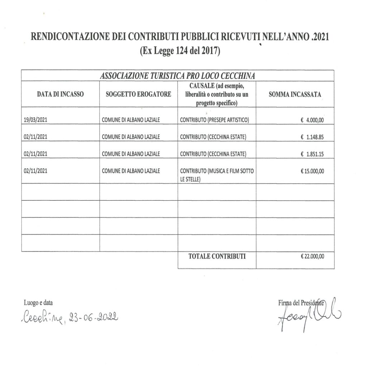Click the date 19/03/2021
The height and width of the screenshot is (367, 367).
coord(35,120)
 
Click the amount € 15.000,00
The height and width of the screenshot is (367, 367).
coord(313,171)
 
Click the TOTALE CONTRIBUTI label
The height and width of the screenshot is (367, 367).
coord(217,256)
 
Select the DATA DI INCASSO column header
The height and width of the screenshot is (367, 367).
coord(60,94)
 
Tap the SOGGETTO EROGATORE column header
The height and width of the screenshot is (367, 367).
coord(138,94)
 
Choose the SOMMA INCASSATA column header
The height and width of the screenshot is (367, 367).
coord(295,94)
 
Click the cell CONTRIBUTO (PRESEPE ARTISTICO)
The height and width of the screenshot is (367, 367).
coord(214,120)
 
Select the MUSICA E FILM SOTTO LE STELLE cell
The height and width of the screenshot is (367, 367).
coord(217,175)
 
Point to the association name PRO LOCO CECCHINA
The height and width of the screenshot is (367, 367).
coord(177,76)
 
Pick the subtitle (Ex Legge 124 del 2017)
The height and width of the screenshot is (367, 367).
coord(180,51)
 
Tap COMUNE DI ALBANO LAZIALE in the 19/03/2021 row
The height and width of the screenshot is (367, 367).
coord(131,120)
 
